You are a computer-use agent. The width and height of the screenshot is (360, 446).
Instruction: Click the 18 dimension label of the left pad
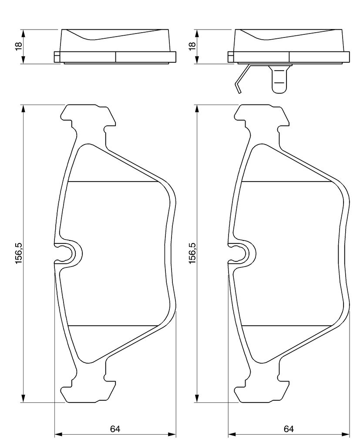pyautogui.click(x=18, y=46)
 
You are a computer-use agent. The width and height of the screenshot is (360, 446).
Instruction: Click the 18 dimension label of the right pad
pyautogui.click(x=192, y=46)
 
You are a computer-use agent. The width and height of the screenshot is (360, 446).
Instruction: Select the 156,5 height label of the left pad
pyautogui.click(x=19, y=253)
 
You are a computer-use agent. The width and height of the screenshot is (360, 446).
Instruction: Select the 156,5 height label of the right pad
pyautogui.click(x=192, y=253)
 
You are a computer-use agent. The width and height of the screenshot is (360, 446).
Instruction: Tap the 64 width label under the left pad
pyautogui.click(x=115, y=429)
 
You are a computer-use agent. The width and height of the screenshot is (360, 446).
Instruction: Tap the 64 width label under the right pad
pyautogui.click(x=289, y=429)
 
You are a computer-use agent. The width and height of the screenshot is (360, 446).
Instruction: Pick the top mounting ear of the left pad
pyautogui.click(x=89, y=117)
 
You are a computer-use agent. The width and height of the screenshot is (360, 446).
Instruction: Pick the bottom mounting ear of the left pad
pyautogui.click(x=89, y=390)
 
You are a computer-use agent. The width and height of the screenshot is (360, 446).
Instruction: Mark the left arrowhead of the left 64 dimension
pyautogui.click(x=58, y=442)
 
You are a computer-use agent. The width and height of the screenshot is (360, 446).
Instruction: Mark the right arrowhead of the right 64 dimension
pyautogui.click(x=346, y=442)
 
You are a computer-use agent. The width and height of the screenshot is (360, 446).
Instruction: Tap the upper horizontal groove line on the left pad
pyautogui.click(x=113, y=182)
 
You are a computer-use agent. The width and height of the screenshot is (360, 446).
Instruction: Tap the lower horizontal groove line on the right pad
pyautogui.click(x=286, y=325)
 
